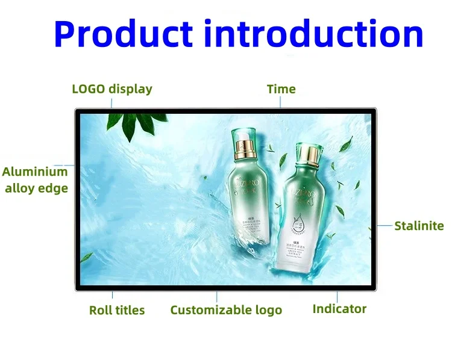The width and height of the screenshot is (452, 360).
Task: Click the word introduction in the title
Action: (313, 34)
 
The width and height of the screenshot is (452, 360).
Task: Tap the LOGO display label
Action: (112, 89)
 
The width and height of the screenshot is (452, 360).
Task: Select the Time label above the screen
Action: (281, 89)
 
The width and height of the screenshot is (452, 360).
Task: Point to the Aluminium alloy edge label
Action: (36, 179)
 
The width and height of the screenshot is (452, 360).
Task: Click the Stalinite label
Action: (419, 226)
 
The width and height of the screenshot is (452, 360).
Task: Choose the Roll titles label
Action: (117, 311)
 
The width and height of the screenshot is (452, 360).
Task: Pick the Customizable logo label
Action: (226, 311)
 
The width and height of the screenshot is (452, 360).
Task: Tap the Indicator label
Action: (339, 309)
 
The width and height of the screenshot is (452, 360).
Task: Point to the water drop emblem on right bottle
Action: (299, 223)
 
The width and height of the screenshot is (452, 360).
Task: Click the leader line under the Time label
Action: (281, 102)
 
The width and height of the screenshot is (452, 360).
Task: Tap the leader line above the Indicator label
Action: (337, 297)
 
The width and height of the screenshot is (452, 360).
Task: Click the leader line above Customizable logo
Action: (217, 297)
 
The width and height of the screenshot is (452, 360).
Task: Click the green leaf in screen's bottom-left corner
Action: (87, 258)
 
